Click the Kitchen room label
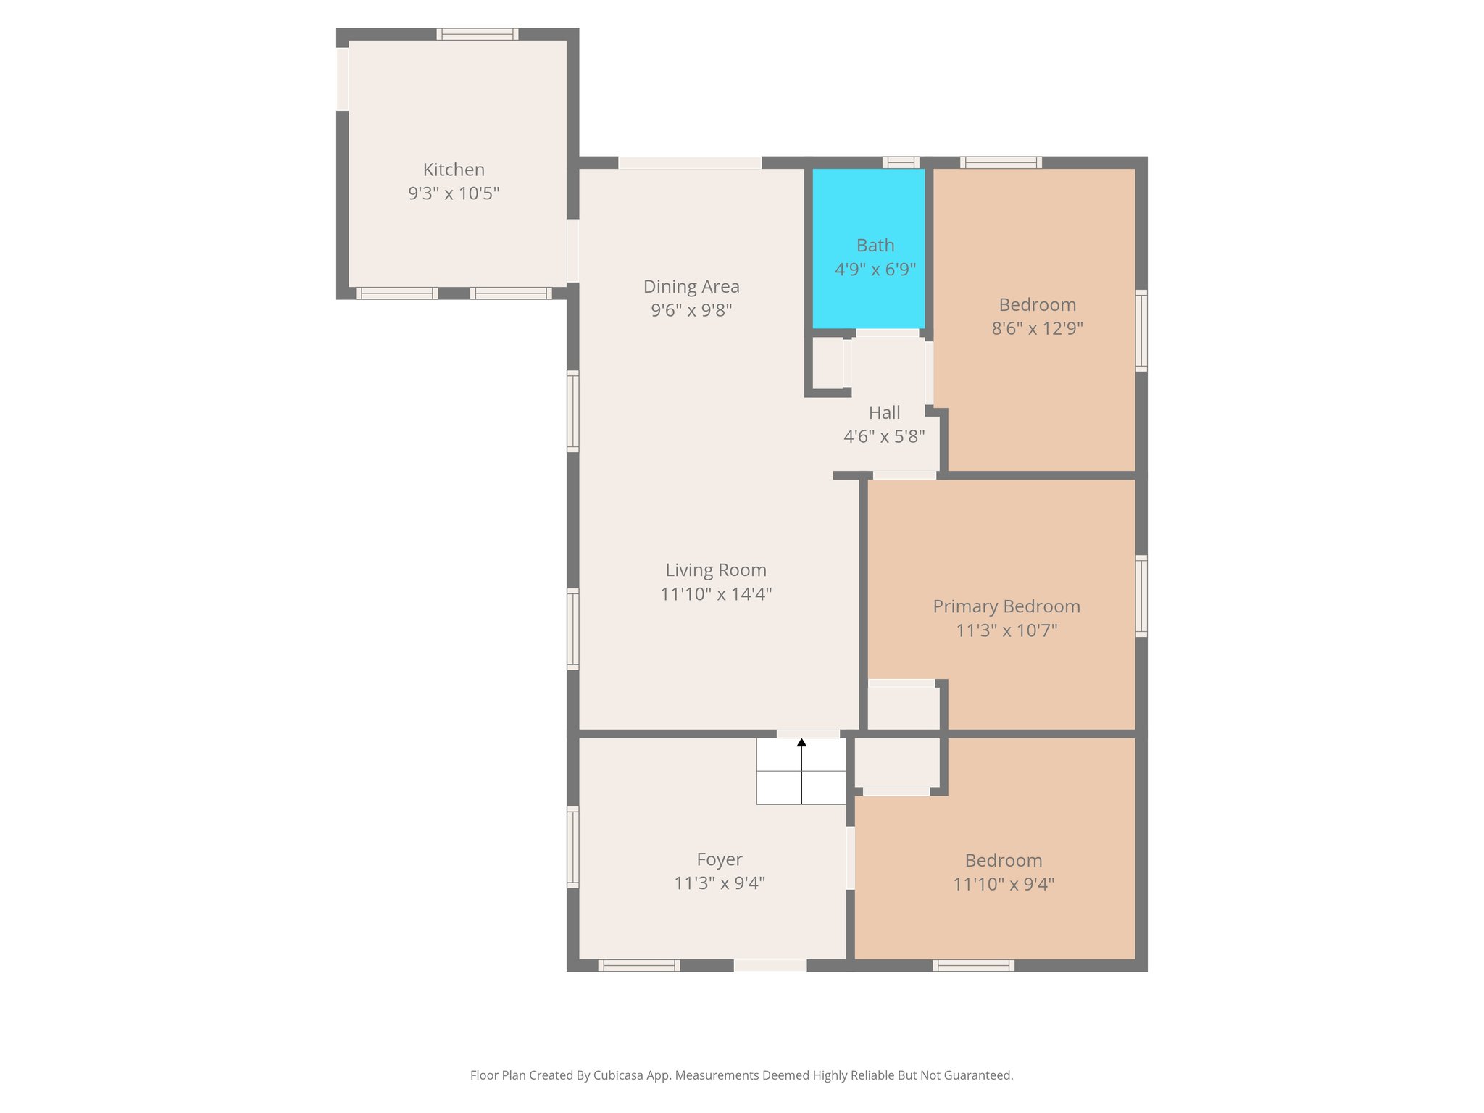(x=454, y=170)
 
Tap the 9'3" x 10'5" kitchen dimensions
(x=454, y=193)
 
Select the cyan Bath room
(x=868, y=217)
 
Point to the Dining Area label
(x=691, y=287)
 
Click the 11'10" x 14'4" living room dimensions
(x=716, y=594)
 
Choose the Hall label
(x=884, y=413)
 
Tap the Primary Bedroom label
(x=1006, y=606)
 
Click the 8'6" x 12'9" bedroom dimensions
(x=1037, y=328)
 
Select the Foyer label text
(x=719, y=859)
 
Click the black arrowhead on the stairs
(x=801, y=743)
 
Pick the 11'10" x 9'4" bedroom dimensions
(x=1003, y=884)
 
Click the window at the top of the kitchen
(x=477, y=34)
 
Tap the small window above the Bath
(x=901, y=163)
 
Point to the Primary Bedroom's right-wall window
(x=1141, y=596)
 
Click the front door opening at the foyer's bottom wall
(x=770, y=965)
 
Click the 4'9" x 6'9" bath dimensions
(x=875, y=270)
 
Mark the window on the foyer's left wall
(x=572, y=846)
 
